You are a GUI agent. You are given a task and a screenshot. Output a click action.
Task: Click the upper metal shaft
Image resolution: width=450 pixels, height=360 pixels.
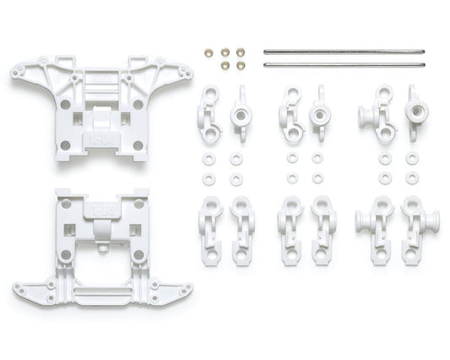[343, 51]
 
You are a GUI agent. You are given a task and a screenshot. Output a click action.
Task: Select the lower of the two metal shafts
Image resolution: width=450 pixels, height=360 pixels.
[343, 64]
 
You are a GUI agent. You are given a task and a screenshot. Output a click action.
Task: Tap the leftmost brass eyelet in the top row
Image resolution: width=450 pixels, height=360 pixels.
[209, 52]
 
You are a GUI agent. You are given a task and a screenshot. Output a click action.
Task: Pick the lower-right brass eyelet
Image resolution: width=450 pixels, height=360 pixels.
[241, 65]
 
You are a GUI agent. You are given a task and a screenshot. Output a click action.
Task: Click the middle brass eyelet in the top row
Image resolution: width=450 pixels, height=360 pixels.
[225, 52]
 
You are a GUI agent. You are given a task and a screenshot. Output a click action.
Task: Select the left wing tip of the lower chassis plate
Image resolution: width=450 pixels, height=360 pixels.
[20, 291]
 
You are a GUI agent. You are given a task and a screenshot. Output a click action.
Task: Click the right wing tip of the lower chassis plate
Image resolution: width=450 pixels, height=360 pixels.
[185, 291]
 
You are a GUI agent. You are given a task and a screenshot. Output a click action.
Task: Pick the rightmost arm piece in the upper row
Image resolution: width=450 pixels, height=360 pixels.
[415, 112]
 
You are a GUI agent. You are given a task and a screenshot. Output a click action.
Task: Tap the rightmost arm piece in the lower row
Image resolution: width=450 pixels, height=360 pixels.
[413, 231]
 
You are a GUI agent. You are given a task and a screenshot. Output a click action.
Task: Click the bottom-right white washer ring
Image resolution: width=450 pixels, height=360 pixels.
[411, 178]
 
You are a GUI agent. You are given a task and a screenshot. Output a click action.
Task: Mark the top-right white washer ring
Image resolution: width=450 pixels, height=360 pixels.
[411, 158]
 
